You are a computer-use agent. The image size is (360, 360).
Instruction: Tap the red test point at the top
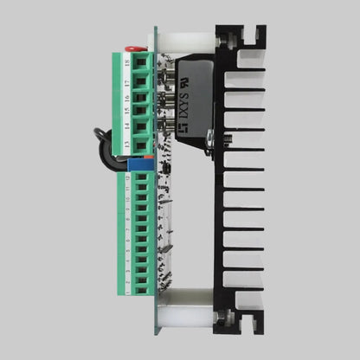(132, 50)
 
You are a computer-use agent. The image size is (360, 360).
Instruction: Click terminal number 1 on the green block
(128, 293)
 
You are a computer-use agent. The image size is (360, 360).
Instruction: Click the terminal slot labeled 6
(128, 235)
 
